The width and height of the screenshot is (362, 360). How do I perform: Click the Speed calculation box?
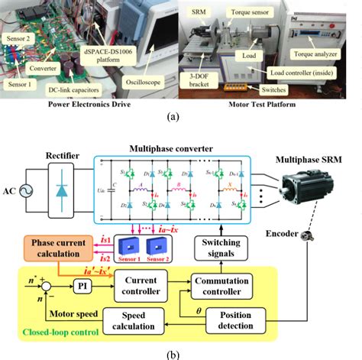[x=141, y=321]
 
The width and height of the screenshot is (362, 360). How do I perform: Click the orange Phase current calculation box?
[x=57, y=249]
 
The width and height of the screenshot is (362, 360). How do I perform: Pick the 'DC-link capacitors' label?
[x=74, y=90]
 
